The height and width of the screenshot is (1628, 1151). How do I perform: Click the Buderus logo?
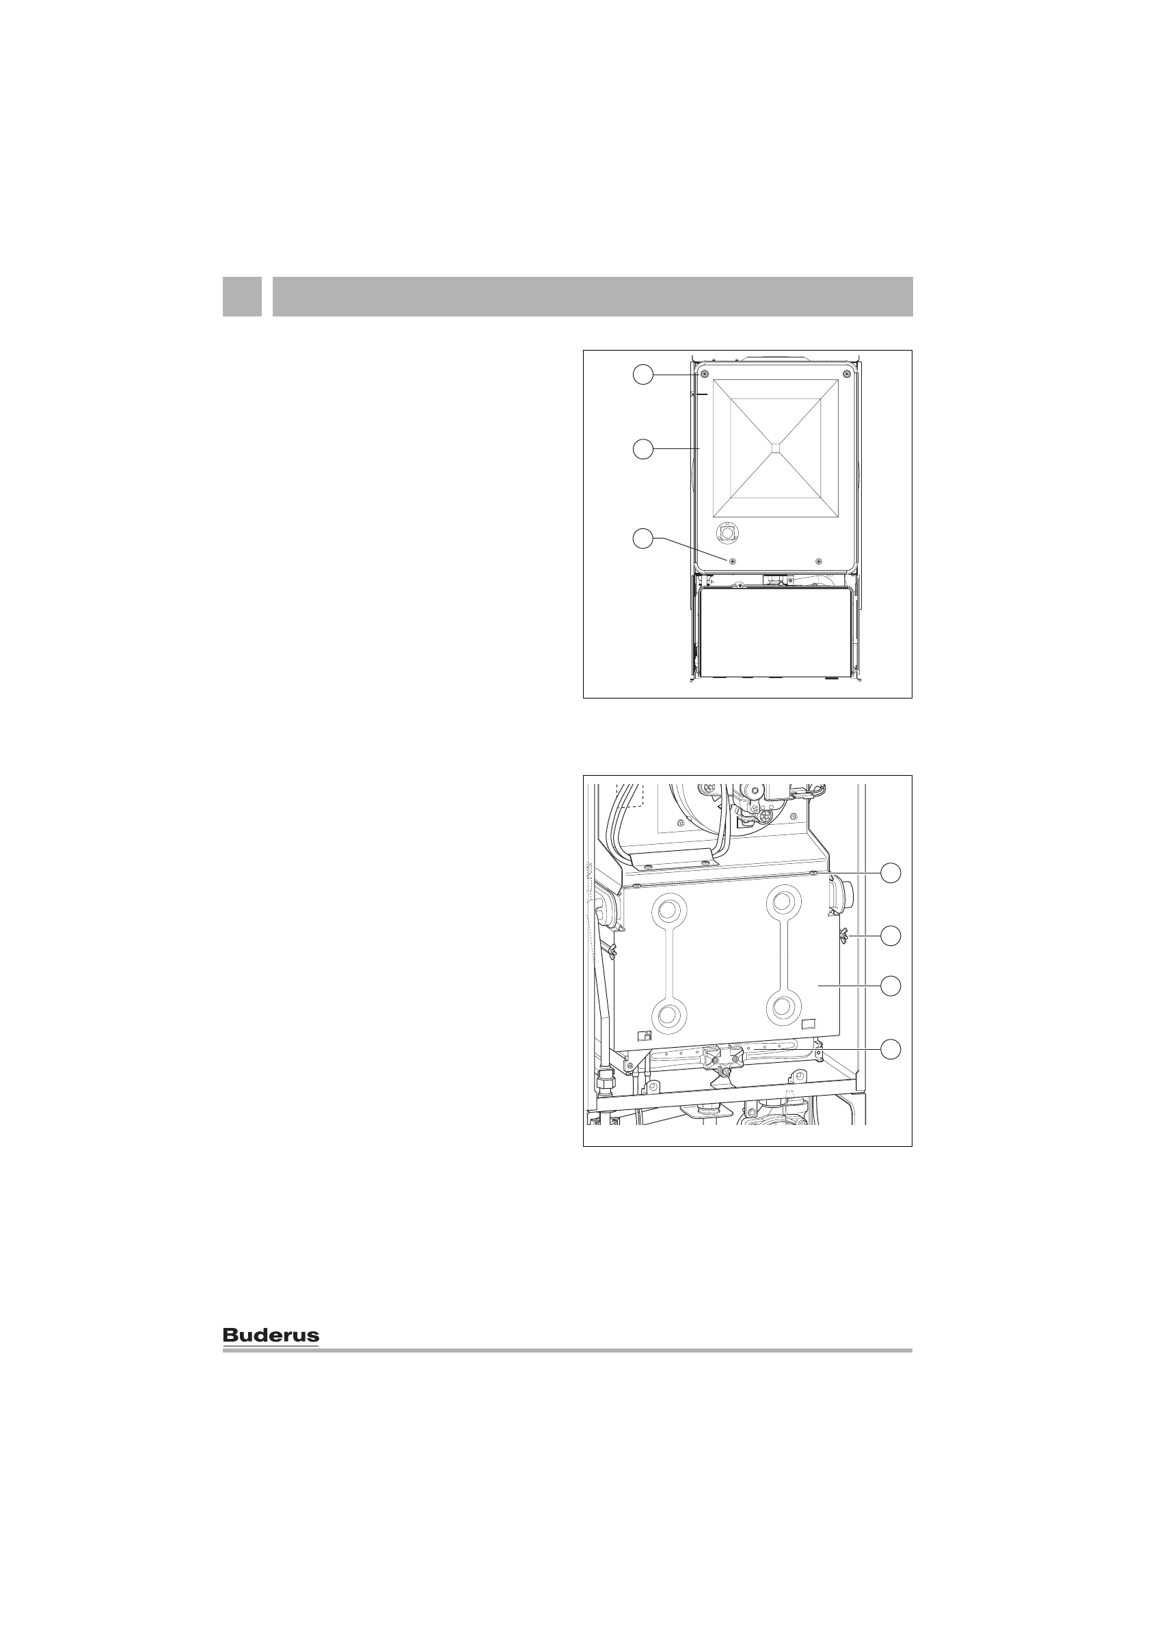point(271,1335)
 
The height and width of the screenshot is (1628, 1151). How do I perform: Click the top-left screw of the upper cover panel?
point(703,375)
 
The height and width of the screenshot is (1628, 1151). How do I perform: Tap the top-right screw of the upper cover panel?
point(846,375)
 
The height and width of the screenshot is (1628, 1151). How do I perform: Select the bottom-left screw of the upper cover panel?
point(732,560)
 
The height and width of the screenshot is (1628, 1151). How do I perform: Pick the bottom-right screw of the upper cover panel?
point(819,560)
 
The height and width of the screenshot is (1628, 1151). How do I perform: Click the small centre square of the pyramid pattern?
point(776,448)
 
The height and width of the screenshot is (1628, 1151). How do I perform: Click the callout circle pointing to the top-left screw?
point(642,375)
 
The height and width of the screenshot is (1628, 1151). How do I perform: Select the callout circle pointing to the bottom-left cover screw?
point(642,538)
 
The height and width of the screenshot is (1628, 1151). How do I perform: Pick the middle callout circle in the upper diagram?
point(642,449)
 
